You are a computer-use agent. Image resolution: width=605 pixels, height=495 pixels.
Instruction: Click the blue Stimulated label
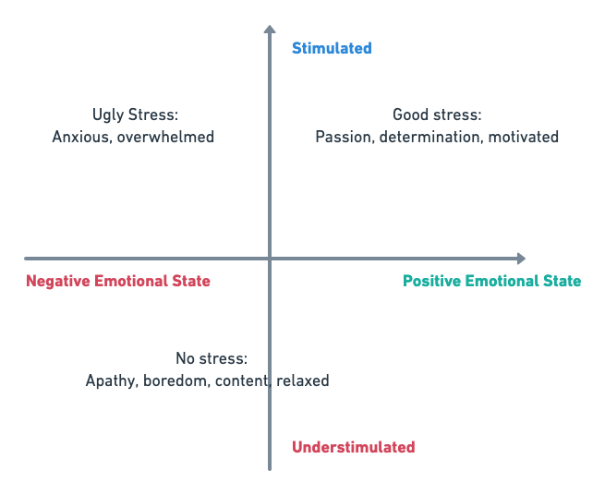pos(332,48)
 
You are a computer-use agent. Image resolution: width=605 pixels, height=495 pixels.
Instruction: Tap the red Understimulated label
pos(354,447)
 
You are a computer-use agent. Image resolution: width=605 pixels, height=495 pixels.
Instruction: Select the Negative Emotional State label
pos(118,281)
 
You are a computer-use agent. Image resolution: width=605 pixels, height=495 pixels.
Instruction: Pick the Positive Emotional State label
pos(492,281)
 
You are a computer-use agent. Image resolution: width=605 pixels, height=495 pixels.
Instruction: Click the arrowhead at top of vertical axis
pos(270,29)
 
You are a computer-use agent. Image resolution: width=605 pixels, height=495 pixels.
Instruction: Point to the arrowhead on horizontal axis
pos(521,259)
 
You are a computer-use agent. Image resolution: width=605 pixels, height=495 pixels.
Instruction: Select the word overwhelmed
pos(165,137)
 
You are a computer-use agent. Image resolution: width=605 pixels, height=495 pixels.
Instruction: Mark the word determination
pos(431,137)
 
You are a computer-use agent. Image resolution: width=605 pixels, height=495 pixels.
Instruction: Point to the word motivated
pos(524,137)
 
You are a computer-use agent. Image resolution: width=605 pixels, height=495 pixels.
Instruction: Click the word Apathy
pos(112,380)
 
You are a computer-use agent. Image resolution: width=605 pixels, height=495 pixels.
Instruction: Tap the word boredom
pos(176,380)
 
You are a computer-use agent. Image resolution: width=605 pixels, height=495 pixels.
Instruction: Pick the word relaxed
pos(303,380)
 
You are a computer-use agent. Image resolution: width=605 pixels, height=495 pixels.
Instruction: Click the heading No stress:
pos(212,358)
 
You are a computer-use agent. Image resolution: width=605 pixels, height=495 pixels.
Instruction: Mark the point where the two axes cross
pos(270,259)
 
